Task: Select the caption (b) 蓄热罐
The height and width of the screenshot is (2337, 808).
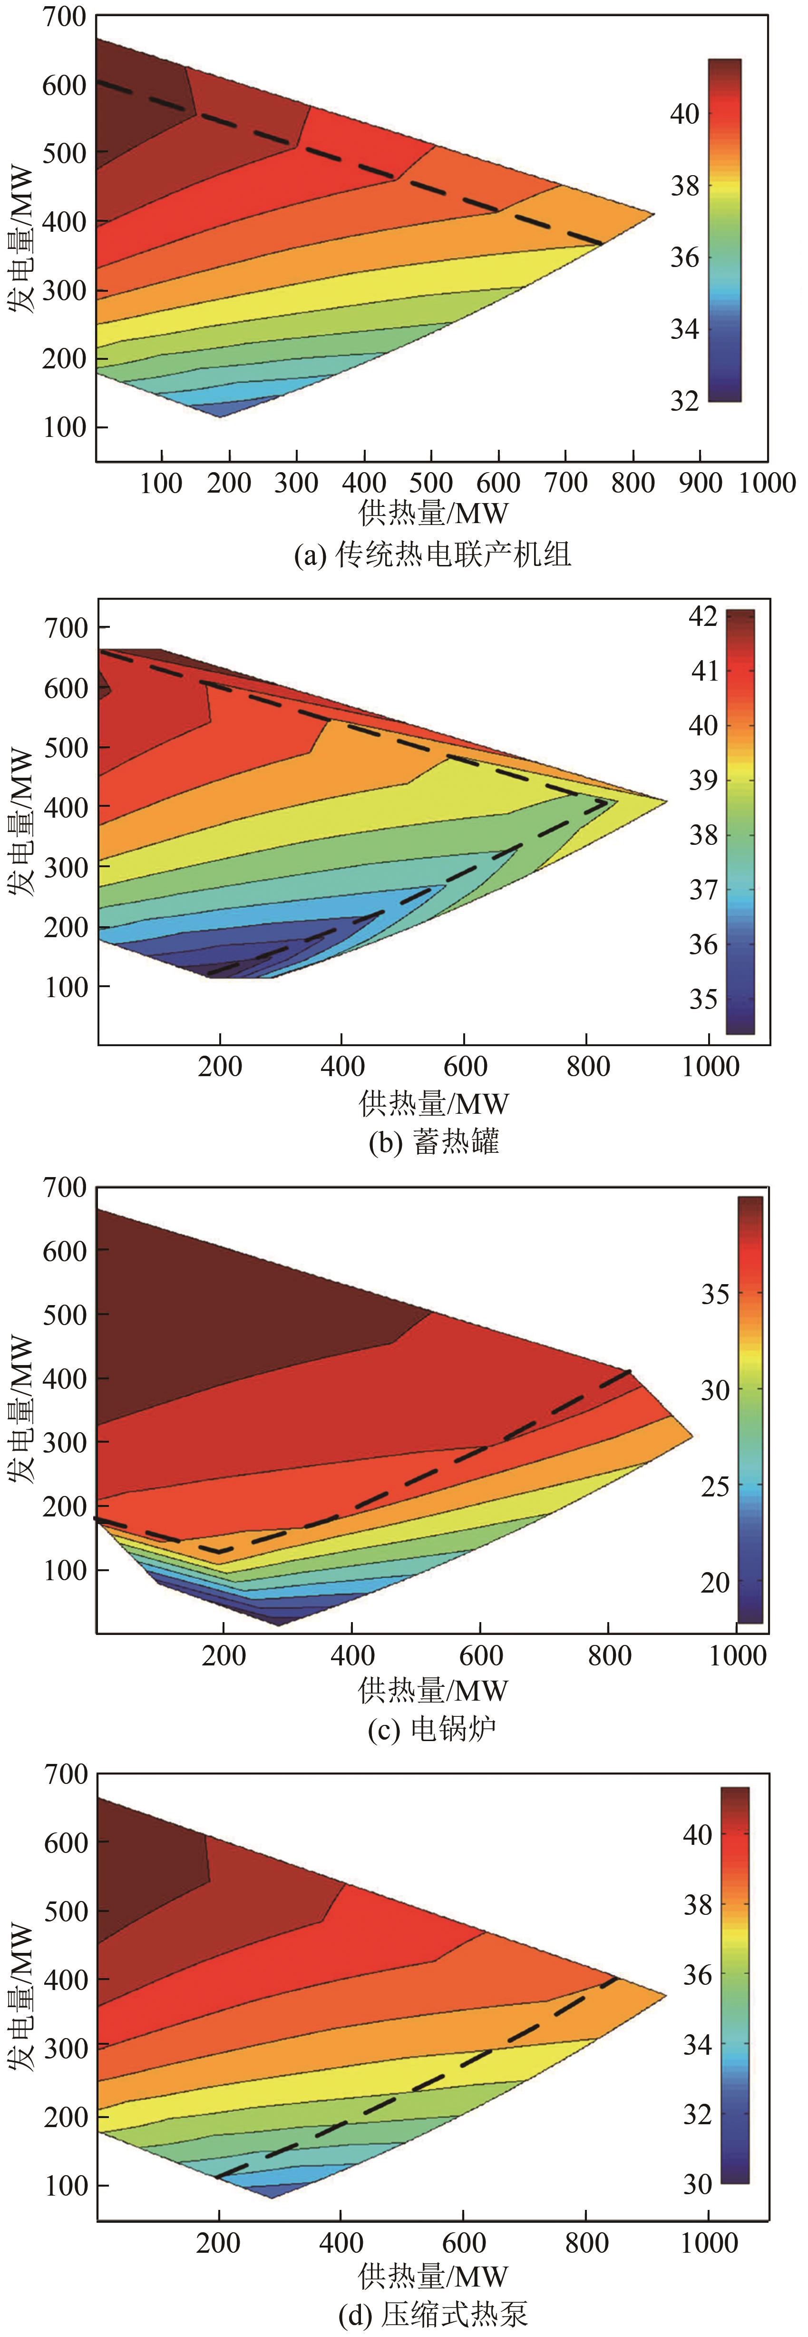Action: click(433, 1141)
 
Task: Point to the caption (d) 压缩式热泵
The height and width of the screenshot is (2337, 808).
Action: click(433, 2314)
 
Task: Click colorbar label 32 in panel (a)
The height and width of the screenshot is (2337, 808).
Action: click(685, 401)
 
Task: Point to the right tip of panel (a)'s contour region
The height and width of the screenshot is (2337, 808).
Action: click(654, 214)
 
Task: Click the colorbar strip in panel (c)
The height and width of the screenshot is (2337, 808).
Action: click(750, 1411)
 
